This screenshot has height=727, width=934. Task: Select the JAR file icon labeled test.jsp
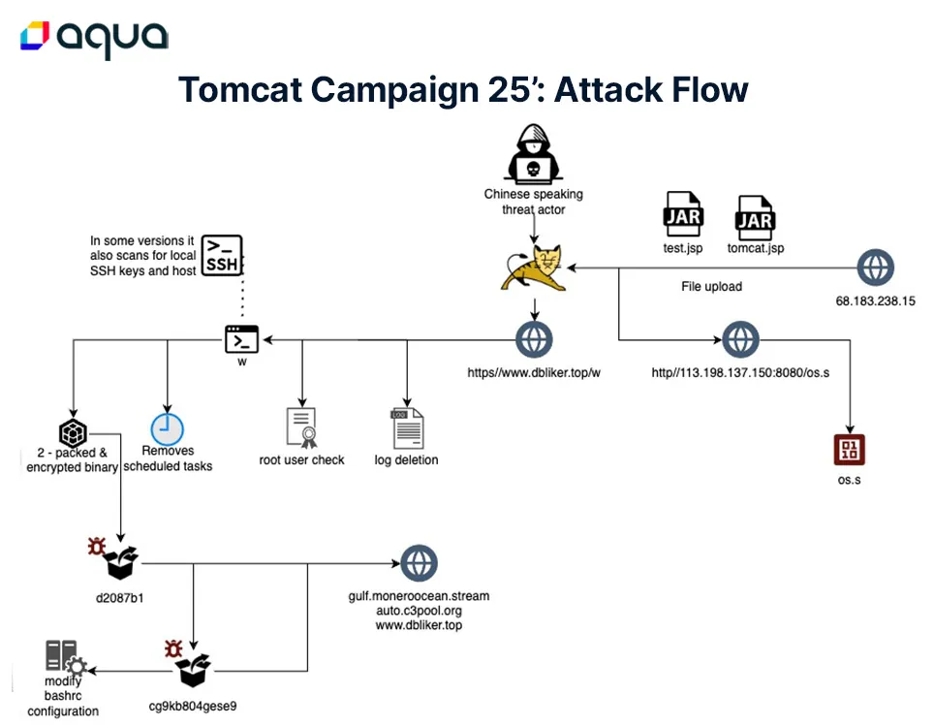[683, 214]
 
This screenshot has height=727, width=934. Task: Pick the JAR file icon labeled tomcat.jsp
[755, 218]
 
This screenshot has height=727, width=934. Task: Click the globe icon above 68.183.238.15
[875, 268]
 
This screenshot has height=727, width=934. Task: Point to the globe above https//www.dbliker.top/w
[534, 339]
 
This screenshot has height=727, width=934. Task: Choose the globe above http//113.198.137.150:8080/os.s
[740, 339]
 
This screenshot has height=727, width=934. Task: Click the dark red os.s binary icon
[850, 450]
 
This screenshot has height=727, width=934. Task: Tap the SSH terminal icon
[222, 256]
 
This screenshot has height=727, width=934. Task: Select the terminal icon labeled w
[242, 339]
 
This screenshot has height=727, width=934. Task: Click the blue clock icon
[168, 428]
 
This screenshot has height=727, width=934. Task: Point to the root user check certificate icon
[302, 427]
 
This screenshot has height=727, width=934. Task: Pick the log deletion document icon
[408, 427]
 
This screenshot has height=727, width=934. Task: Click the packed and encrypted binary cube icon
[73, 432]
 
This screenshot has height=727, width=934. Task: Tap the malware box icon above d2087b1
[113, 558]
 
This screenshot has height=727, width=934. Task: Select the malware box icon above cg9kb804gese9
[190, 663]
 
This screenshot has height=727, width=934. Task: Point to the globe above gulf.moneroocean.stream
[419, 563]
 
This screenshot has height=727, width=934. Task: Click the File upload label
[711, 287]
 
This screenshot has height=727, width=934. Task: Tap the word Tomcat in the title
[240, 90]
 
